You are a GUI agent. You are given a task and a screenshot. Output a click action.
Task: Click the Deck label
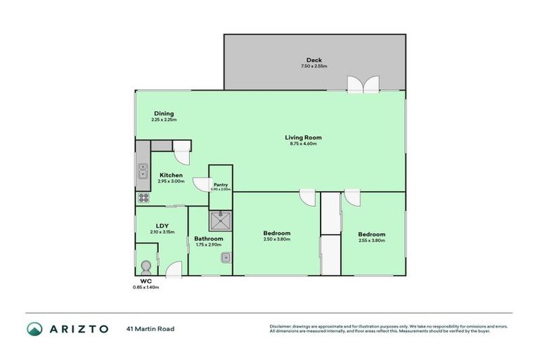pyautogui.click(x=314, y=60)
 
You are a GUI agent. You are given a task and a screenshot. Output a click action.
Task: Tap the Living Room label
pyautogui.click(x=303, y=137)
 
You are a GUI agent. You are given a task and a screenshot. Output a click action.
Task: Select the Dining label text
pyautogui.click(x=164, y=114)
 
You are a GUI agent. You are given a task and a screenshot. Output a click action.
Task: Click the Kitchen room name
pyautogui.click(x=171, y=175)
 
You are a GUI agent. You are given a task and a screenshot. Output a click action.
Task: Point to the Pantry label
pyautogui.click(x=221, y=184)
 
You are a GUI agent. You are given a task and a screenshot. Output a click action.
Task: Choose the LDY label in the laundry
pyautogui.click(x=162, y=226)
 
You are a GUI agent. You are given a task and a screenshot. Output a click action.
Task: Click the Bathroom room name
pyautogui.click(x=209, y=239)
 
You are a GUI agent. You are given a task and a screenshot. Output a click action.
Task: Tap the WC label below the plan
pyautogui.click(x=146, y=281)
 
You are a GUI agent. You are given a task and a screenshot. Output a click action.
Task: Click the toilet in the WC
pyautogui.click(x=146, y=266)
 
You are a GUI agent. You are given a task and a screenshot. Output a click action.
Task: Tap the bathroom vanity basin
pyautogui.click(x=226, y=258)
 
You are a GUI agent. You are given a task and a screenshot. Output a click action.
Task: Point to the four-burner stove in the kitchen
pyautogui.click(x=143, y=198)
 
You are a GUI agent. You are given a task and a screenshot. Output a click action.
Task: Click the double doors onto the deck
pyautogui.click(x=364, y=84)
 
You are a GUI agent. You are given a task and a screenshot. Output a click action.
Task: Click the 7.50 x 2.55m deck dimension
pyautogui.click(x=314, y=66)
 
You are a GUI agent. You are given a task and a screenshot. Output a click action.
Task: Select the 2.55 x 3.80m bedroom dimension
pyautogui.click(x=371, y=240)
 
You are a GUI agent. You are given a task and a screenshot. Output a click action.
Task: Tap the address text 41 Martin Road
pyautogui.click(x=150, y=328)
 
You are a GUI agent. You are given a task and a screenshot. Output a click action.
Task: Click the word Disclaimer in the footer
pyautogui.click(x=281, y=326)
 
